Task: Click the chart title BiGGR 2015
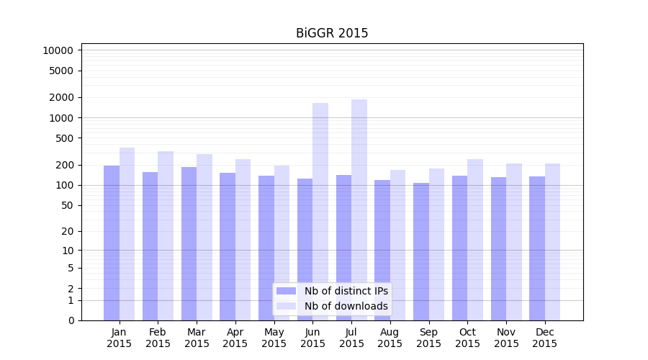tap(332, 33)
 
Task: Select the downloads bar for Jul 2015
tap(359, 210)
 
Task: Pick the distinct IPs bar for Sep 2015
tap(421, 251)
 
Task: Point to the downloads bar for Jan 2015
tap(127, 234)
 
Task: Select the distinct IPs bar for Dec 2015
tap(537, 248)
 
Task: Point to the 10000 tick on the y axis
tap(58, 50)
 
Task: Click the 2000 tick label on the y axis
tap(61, 97)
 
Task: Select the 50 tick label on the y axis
tap(66, 205)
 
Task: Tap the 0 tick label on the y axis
tap(71, 320)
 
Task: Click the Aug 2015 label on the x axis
tap(390, 338)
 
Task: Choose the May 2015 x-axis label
tap(274, 338)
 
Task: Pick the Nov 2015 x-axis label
tap(506, 338)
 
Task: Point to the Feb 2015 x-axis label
tap(158, 338)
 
